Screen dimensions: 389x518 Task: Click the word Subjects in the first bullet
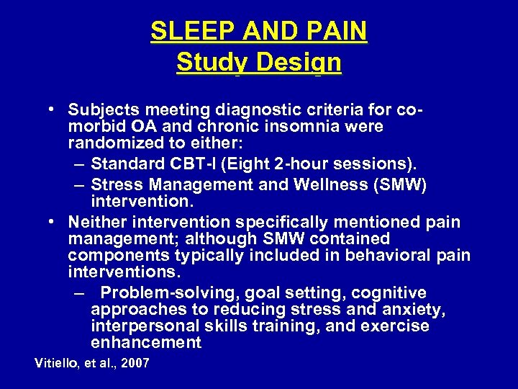click(103, 110)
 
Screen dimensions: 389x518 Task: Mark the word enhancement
click(146, 343)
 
